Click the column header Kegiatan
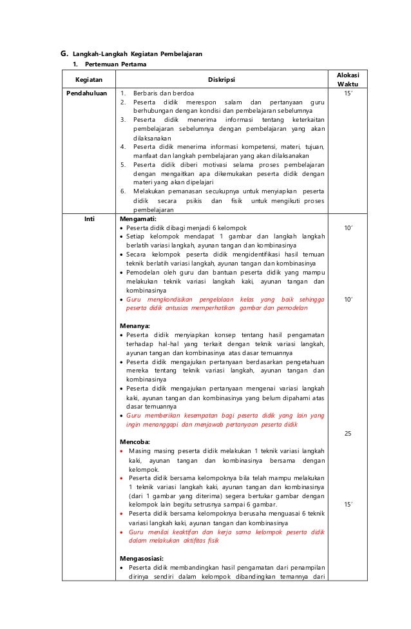87,80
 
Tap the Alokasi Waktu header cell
349,80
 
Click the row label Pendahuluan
87,93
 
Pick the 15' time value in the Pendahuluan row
348,93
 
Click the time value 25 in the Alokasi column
348,434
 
